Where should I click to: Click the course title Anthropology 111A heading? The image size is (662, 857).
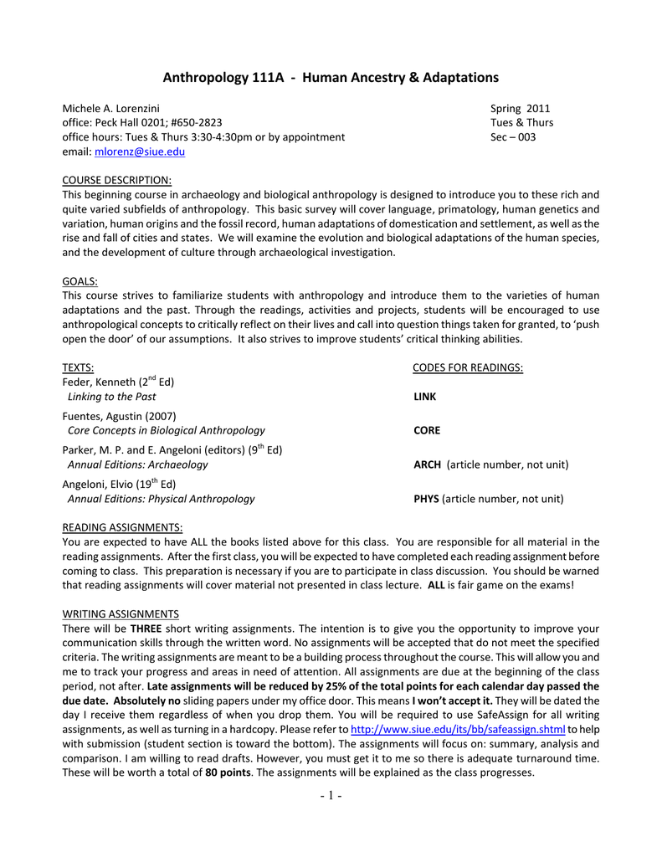click(x=331, y=78)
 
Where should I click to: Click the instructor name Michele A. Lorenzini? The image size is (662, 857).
click(x=111, y=108)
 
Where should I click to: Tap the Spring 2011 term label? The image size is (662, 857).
click(x=520, y=108)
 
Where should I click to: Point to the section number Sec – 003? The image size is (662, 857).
click(x=513, y=137)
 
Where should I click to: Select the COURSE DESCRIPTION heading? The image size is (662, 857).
click(x=117, y=180)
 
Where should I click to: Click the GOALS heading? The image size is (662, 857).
click(x=80, y=280)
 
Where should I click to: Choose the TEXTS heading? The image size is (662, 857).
click(x=79, y=367)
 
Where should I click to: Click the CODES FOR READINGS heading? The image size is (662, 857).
click(x=468, y=367)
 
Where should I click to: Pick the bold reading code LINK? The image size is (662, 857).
click(x=425, y=397)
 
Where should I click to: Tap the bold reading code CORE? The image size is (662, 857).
click(x=427, y=430)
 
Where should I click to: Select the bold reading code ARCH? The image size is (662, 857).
click(x=429, y=464)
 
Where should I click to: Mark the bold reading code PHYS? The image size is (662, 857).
click(x=427, y=499)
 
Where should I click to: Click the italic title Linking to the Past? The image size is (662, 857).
click(x=111, y=397)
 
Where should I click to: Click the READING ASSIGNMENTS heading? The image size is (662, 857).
click(x=123, y=527)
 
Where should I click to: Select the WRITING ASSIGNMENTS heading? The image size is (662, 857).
click(x=121, y=613)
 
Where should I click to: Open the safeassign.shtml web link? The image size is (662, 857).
click(x=458, y=729)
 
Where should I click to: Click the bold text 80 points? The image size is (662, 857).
click(x=228, y=772)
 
